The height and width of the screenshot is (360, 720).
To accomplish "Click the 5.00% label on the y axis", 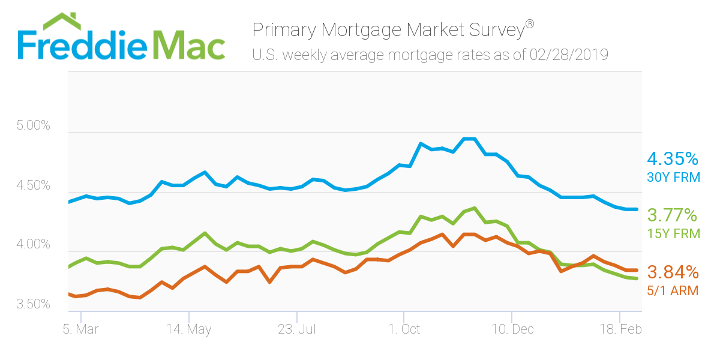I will pyautogui.click(x=33, y=127).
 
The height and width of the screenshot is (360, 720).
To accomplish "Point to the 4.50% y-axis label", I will pyautogui.click(x=33, y=186).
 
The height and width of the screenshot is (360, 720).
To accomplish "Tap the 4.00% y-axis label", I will pyautogui.click(x=33, y=245).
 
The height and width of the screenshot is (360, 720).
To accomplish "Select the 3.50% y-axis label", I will pyautogui.click(x=33, y=304).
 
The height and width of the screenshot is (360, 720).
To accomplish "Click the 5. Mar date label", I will pyautogui.click(x=80, y=329).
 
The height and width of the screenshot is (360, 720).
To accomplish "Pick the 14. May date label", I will pyautogui.click(x=188, y=329).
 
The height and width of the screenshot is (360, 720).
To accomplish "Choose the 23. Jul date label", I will pyautogui.click(x=296, y=329).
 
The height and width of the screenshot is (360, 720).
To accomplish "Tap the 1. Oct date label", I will pyautogui.click(x=404, y=329).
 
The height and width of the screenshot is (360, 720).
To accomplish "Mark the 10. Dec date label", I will pyautogui.click(x=512, y=329).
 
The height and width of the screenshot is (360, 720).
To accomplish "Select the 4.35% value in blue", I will pyautogui.click(x=673, y=160).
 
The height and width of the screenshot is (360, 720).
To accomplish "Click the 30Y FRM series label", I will pyautogui.click(x=673, y=177).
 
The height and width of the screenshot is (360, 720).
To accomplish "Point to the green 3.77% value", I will pyautogui.click(x=673, y=215).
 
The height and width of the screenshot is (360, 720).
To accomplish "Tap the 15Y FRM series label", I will pyautogui.click(x=673, y=233).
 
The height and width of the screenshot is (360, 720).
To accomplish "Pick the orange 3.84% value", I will pyautogui.click(x=673, y=272).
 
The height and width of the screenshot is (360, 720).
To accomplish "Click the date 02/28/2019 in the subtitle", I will pyautogui.click(x=569, y=55).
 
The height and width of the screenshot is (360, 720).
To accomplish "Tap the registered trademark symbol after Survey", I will pyautogui.click(x=529, y=24).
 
